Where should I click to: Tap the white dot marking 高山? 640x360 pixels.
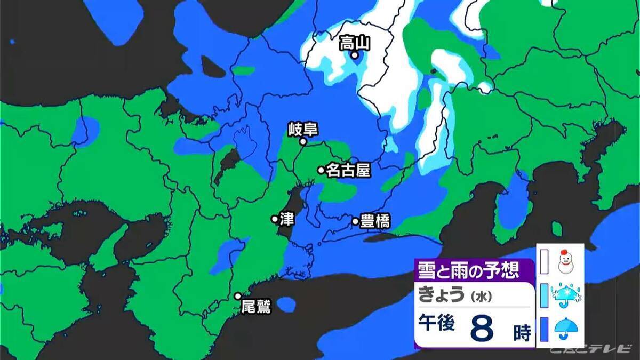click(354, 55)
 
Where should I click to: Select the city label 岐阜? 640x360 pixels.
click(302, 130)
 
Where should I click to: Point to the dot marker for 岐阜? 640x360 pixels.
click(302, 142)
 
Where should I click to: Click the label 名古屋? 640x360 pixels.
click(348, 170)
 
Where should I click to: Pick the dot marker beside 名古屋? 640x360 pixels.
click(321, 170)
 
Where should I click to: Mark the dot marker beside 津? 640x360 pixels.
click(275, 219)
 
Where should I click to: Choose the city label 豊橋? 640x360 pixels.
click(375, 221)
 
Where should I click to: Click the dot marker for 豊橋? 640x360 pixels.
click(355, 221)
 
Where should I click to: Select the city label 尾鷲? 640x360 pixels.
click(257, 307)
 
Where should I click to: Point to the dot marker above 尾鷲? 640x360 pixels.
click(238, 296)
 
